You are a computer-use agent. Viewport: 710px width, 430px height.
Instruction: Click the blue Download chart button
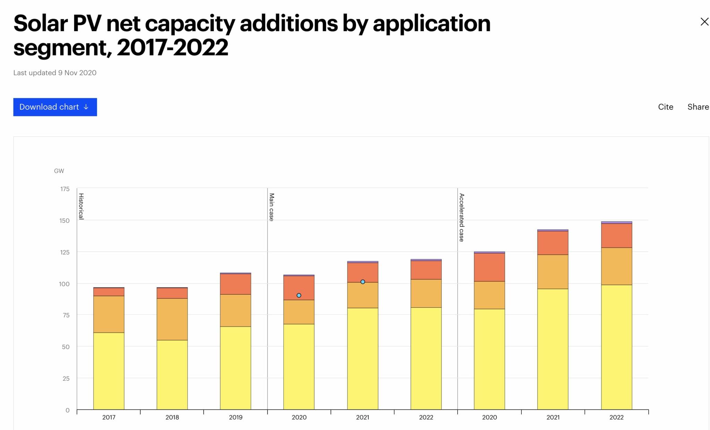click(x=55, y=107)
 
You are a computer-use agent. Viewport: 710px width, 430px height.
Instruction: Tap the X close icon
click(x=704, y=22)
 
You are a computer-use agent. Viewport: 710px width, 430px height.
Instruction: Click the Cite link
click(x=665, y=107)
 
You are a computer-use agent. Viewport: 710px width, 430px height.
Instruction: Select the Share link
click(x=698, y=107)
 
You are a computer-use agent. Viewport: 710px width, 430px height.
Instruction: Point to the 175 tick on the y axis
click(x=65, y=189)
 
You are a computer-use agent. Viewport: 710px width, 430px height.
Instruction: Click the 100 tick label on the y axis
click(x=64, y=284)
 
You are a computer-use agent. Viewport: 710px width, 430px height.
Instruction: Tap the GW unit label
click(x=59, y=171)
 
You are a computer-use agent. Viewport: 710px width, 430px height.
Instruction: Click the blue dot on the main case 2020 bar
click(x=299, y=295)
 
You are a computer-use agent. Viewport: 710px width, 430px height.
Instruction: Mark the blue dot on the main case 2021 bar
click(x=363, y=282)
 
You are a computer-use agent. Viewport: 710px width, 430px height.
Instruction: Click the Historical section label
click(x=81, y=206)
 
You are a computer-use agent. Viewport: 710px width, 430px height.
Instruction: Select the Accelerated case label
click(x=461, y=217)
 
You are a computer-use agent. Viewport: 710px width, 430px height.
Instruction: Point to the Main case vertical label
click(x=271, y=207)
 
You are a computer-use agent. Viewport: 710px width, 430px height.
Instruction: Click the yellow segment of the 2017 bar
click(x=109, y=371)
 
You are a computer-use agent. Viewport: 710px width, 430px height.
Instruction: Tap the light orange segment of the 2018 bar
click(x=172, y=319)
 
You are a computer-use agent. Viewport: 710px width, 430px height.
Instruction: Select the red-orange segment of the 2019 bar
click(x=235, y=284)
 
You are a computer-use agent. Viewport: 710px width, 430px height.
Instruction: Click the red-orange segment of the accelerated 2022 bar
click(x=616, y=235)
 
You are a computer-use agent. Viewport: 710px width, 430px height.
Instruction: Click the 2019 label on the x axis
click(x=235, y=417)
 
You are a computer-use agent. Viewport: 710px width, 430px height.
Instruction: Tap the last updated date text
click(x=55, y=73)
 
